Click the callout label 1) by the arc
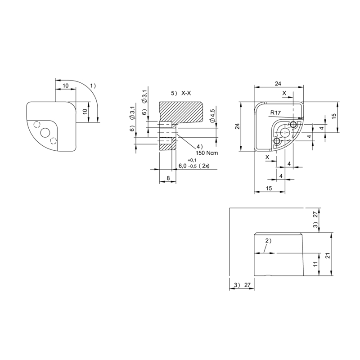[x=93, y=86]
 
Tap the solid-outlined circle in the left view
[x=45, y=133]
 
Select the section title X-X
[x=186, y=93]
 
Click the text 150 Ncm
[x=207, y=153]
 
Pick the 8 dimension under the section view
[x=168, y=178]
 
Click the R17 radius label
[x=275, y=113]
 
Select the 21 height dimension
[x=328, y=256]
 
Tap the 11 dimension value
[x=315, y=264]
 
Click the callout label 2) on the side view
[x=268, y=241]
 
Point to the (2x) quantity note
[x=204, y=166]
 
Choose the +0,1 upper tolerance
[x=192, y=160]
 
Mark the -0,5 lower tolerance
[x=193, y=166]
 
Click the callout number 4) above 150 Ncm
[x=199, y=147]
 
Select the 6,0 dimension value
[x=183, y=166]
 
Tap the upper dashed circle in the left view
[x=37, y=125]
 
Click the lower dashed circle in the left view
[x=53, y=141]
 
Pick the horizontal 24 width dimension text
[x=278, y=84]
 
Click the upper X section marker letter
[x=284, y=93]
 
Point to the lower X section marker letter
[x=267, y=157]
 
